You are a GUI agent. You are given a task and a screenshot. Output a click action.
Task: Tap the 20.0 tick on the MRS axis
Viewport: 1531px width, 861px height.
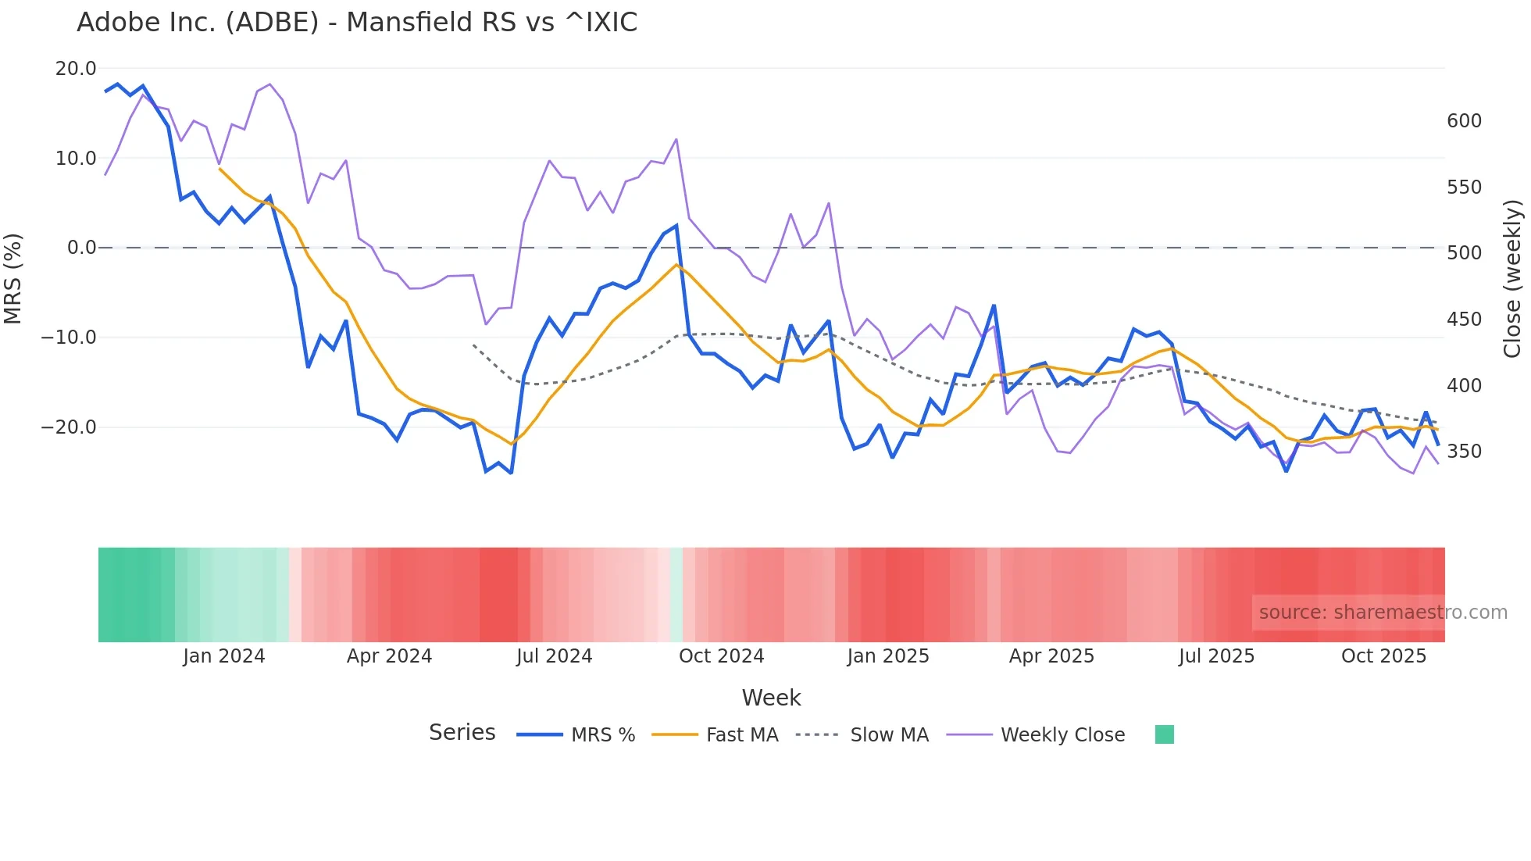pos(76,69)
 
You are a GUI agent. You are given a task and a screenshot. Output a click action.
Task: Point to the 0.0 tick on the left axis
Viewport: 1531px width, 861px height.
pos(81,248)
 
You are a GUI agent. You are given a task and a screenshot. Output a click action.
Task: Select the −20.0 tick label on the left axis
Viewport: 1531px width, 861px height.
pos(69,427)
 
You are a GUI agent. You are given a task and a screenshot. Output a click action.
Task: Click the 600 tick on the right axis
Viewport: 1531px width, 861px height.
pos(1464,121)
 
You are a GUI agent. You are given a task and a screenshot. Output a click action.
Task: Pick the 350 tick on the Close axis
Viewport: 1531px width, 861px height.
pos(1464,452)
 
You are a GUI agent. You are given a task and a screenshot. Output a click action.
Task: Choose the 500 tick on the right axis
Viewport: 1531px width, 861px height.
pos(1464,253)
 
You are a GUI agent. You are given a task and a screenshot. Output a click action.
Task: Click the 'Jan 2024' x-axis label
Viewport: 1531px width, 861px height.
pos(224,656)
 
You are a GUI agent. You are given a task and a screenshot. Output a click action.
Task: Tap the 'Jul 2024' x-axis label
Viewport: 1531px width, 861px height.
pos(555,656)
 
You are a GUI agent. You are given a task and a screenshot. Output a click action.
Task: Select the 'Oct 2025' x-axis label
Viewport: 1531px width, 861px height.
pos(1383,656)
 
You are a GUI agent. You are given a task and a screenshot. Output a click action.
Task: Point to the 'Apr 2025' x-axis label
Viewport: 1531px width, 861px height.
pos(1051,656)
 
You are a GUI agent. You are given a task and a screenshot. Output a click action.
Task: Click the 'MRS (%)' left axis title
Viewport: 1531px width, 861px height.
pos(13,278)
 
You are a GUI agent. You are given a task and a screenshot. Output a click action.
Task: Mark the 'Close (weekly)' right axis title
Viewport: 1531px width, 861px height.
pos(1512,279)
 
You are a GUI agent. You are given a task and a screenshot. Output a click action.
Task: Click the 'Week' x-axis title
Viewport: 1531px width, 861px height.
pos(771,698)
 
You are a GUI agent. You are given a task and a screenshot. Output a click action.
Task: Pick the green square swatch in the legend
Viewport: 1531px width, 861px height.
pos(1164,734)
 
